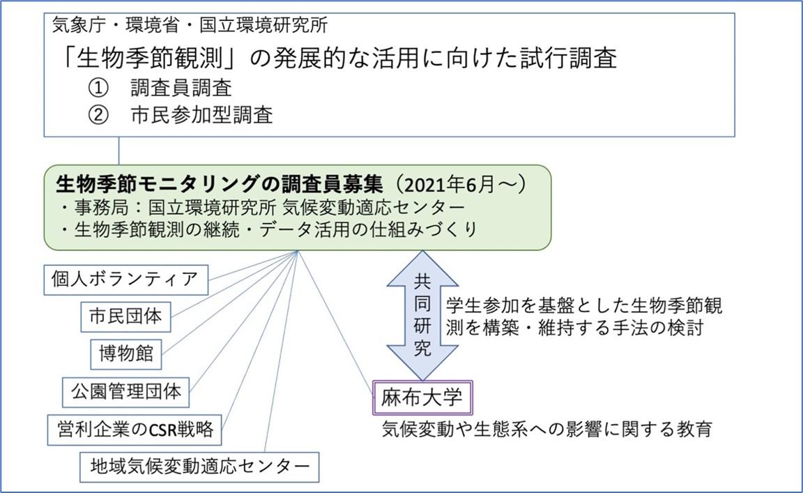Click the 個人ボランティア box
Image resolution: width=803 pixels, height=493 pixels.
point(126,280)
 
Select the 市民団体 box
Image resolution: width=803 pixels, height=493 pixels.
point(126,317)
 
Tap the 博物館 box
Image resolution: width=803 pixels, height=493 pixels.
point(126,354)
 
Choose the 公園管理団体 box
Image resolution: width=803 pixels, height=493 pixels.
point(126,392)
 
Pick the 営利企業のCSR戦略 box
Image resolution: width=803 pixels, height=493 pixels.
point(135,430)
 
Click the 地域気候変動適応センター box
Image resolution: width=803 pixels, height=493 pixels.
point(200,467)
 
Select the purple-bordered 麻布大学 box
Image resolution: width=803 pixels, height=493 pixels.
point(422,397)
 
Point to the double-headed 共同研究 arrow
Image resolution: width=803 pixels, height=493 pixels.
point(422,315)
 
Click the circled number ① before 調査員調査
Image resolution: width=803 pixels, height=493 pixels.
point(98,88)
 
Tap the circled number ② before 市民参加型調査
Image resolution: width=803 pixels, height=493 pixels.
point(98,115)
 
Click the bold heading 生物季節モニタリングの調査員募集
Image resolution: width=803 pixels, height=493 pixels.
point(220,183)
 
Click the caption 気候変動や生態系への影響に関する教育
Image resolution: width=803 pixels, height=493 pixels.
point(547,429)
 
